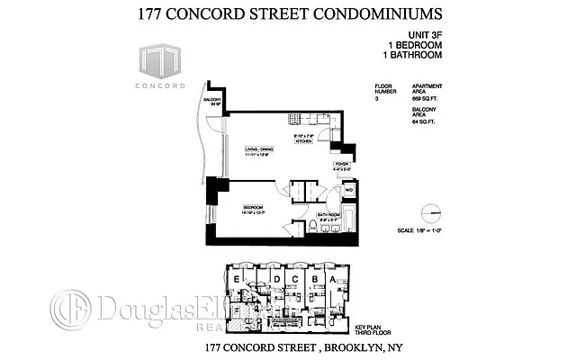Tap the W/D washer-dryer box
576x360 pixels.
348,189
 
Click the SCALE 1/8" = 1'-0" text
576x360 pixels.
427,231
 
